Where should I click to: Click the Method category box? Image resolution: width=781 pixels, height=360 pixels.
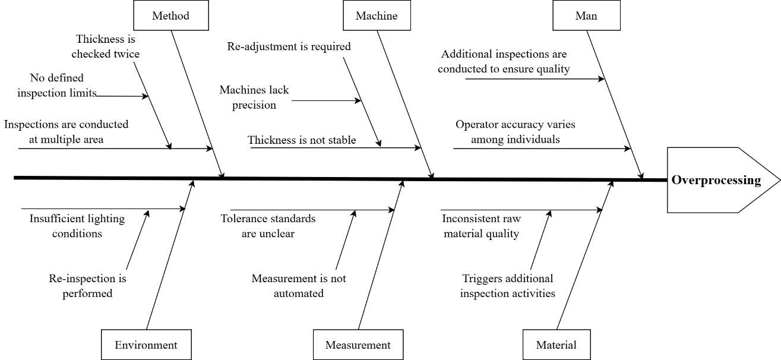click(x=171, y=15)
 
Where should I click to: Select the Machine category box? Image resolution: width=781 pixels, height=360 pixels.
click(x=377, y=15)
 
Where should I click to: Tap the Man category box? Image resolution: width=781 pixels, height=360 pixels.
click(x=586, y=15)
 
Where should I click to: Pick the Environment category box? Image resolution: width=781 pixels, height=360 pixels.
click(x=146, y=345)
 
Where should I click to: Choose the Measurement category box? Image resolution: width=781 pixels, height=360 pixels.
click(x=358, y=345)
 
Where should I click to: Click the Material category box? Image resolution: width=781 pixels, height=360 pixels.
click(x=556, y=345)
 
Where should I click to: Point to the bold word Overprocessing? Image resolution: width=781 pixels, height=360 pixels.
click(x=716, y=180)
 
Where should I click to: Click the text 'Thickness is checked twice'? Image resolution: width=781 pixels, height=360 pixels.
click(x=105, y=46)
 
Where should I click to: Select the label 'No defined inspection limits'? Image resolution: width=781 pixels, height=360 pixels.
click(x=57, y=85)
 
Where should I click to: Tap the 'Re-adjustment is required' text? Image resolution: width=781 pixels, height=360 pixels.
click(x=289, y=46)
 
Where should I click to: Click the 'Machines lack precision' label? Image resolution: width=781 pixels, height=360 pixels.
click(x=254, y=97)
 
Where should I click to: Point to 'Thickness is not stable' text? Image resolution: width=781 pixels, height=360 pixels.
click(x=302, y=140)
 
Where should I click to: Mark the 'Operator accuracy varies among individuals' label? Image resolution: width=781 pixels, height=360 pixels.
click(x=516, y=132)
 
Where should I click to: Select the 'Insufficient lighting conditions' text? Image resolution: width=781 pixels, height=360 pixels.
click(x=77, y=226)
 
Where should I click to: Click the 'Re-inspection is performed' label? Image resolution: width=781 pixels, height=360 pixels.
click(x=87, y=286)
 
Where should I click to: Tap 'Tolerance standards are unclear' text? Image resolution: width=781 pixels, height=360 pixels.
click(x=268, y=226)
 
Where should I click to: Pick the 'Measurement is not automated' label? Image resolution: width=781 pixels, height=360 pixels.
click(x=299, y=286)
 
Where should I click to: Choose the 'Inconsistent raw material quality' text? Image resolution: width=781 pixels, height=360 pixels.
click(x=482, y=226)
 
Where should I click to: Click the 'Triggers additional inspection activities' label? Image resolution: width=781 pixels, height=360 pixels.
click(x=508, y=286)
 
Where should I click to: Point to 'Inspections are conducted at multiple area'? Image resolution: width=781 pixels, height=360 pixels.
click(x=67, y=132)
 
